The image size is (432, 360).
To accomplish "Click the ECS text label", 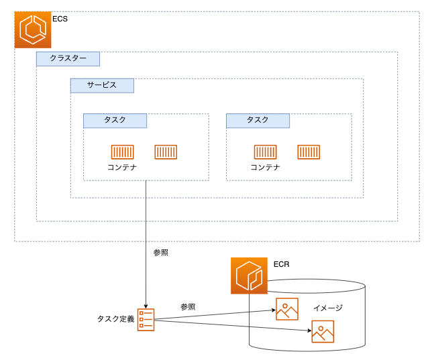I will tap(60, 19).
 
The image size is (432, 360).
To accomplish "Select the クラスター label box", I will tap(68, 58).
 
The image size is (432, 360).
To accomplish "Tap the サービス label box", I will tap(102, 85).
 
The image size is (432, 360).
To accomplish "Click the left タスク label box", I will tap(115, 120).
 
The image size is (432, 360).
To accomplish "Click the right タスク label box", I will tap(258, 120).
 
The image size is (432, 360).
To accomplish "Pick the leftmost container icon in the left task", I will tap(122, 152).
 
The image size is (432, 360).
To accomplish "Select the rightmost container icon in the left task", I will tap(166, 152).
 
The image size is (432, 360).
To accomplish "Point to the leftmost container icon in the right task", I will tap(265, 152).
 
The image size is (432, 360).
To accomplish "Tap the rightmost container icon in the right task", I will tap(309, 152).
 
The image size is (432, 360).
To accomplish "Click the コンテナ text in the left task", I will tap(122, 168).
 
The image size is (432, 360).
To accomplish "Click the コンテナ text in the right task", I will tap(265, 168).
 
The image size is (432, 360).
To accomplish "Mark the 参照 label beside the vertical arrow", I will tap(160, 253).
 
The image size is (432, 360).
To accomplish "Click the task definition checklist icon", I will tap(146, 319).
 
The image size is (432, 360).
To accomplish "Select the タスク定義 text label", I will tap(115, 318).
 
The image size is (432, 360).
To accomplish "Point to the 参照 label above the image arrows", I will tap(188, 306).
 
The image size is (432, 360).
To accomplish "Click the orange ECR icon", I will tap(249, 276).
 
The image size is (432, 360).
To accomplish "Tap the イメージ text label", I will tap(327, 308).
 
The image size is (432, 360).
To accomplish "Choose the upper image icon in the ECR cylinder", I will tap(286, 309).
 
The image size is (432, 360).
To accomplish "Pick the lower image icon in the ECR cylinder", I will tap(323, 332).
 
